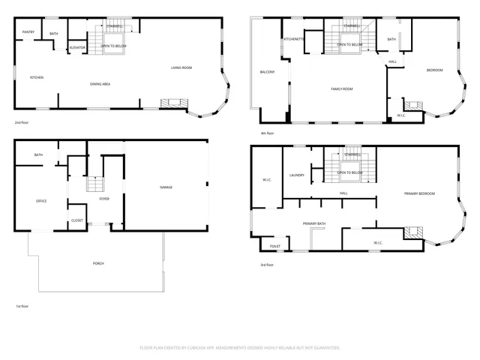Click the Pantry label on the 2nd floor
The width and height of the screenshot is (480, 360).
28,32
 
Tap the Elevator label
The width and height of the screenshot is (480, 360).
77,47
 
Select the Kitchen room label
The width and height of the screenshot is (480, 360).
36,77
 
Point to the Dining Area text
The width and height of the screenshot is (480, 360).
100,84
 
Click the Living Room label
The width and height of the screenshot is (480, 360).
181,68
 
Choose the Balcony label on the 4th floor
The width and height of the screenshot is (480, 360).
267,72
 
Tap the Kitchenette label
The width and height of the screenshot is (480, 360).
293,39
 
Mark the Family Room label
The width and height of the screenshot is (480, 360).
342,89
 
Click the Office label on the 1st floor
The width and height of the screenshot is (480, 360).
41,201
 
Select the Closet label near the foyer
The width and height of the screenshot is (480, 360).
77,220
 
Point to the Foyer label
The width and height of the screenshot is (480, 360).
105,199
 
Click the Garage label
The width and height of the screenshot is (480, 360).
166,187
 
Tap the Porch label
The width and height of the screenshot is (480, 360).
98,264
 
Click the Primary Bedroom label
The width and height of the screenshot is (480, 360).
419,193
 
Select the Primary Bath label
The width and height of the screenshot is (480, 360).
314,223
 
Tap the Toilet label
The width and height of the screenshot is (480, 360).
274,246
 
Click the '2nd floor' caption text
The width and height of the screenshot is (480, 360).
22,121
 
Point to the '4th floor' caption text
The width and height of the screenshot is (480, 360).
268,133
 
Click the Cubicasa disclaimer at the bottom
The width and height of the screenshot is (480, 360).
240,348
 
